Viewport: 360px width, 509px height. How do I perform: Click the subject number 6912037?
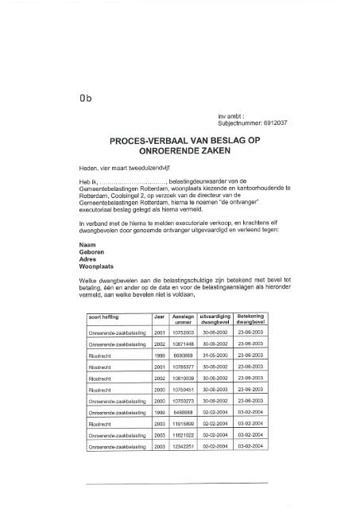275,124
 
